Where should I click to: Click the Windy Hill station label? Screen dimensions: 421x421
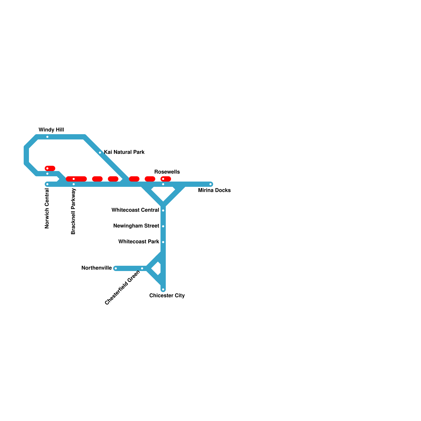click(51, 130)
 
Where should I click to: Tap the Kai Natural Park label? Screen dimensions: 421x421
click(124, 152)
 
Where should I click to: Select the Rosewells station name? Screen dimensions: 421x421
click(167, 172)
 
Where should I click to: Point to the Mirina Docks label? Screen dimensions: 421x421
click(214, 190)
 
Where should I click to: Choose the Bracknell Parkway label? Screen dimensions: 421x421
click(73, 211)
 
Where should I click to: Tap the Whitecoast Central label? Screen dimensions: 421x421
click(135, 210)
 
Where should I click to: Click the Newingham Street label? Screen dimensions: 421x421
click(136, 226)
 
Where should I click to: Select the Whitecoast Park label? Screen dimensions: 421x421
click(139, 242)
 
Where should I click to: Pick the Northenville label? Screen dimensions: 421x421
click(97, 268)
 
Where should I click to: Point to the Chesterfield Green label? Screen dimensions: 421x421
click(122, 288)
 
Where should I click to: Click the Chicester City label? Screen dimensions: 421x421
click(167, 295)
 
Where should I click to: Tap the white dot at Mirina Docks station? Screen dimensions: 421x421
click(210, 184)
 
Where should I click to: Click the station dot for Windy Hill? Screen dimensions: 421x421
click(47, 137)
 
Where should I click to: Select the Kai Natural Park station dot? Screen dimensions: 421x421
click(100, 153)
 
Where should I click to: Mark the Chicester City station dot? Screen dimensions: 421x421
click(163, 289)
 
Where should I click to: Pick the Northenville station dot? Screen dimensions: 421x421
click(116, 268)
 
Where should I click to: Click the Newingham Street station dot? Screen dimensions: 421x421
click(163, 226)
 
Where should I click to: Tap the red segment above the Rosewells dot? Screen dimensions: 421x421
click(166, 179)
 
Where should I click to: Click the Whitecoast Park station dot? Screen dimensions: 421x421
click(163, 242)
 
